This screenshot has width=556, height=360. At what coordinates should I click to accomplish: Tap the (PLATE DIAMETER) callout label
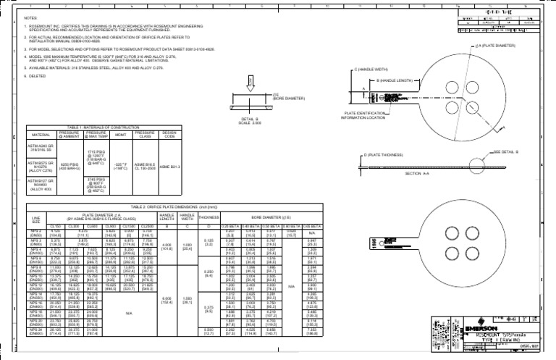pyautogui.click(x=518, y=46)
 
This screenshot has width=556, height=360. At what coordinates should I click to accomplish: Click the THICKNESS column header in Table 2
pyautogui.click(x=208, y=217)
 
